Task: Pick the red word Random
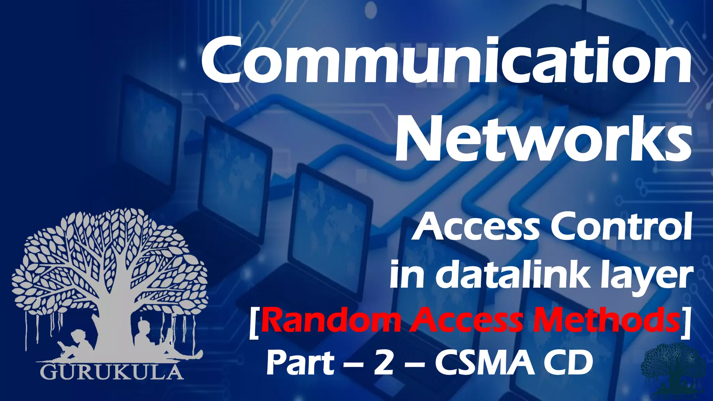pos(331,321)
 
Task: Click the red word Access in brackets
pos(467,321)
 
